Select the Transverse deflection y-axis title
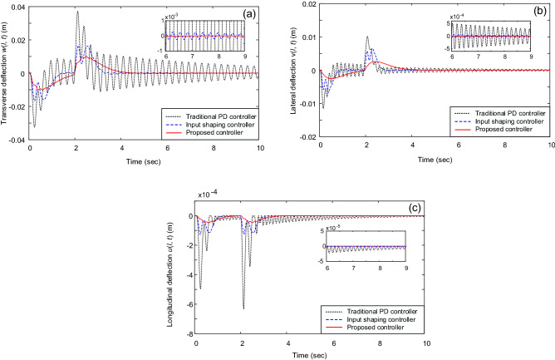[6, 73]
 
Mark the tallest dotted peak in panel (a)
[77, 12]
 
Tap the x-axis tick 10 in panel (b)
[549, 146]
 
